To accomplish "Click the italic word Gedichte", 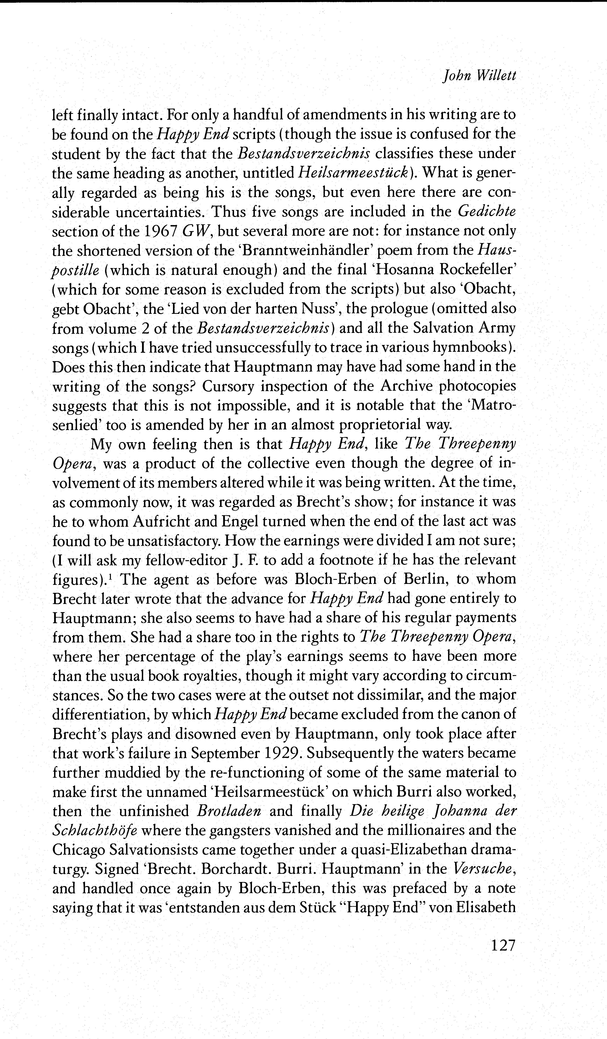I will tap(487, 211).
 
